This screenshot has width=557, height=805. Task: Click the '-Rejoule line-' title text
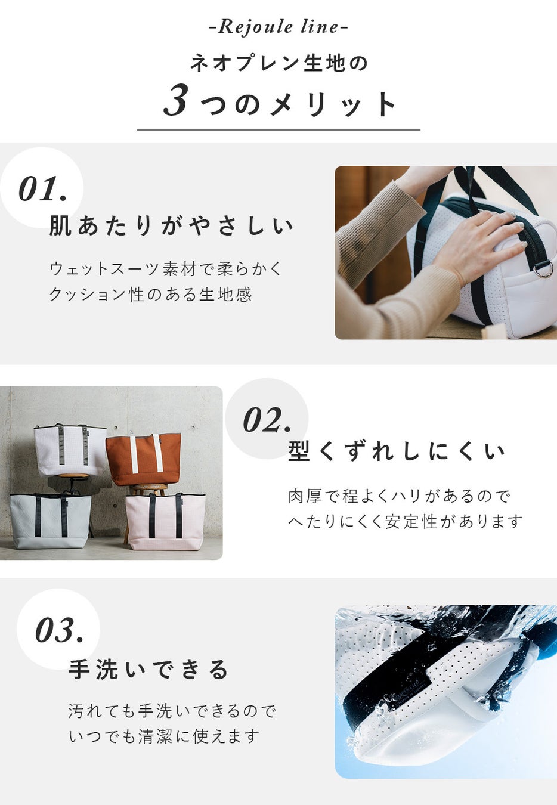pos(278,27)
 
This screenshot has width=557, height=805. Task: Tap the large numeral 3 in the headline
pos(176,100)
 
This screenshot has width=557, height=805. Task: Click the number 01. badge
pos(42,189)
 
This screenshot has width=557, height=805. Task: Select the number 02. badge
pos(267,420)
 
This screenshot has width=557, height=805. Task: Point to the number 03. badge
pos(60,630)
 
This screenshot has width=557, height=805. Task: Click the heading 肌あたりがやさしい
pos(171,226)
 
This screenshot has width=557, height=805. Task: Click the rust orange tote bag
pos(143,459)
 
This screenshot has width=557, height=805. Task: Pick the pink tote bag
pos(165,521)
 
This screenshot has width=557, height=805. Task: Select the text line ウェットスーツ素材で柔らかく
pos(166,269)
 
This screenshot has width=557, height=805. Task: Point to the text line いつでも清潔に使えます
pos(164,736)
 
